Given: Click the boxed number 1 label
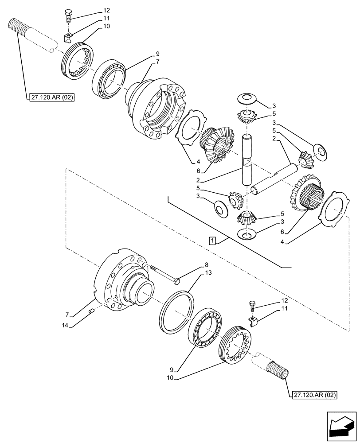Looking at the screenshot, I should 213,241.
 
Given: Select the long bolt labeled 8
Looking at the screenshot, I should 164,274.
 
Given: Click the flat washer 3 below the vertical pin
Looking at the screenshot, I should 247,234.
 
